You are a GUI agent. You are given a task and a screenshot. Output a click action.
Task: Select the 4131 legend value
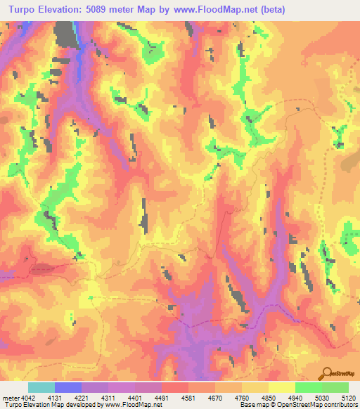pyautogui.click(x=55, y=398)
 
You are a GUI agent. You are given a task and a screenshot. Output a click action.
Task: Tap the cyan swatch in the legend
pyautogui.click(x=41, y=387)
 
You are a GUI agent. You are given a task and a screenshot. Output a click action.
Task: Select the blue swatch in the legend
pyautogui.click(x=68, y=387)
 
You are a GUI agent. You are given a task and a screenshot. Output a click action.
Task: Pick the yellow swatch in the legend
pyautogui.click(x=281, y=387)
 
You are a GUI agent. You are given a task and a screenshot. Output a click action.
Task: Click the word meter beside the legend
pyautogui.click(x=8, y=398)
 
